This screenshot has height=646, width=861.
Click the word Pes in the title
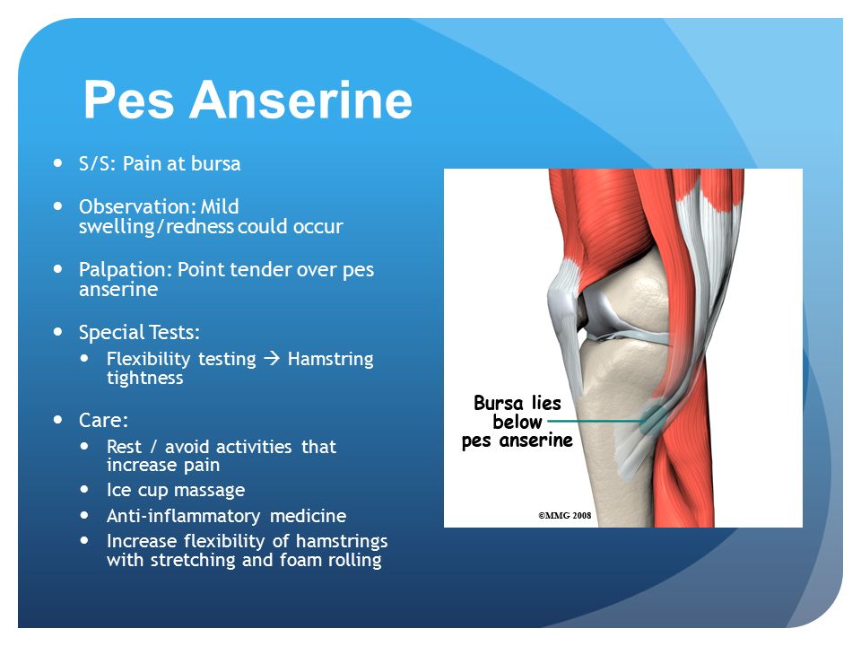(129, 100)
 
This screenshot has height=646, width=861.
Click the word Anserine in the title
(301, 100)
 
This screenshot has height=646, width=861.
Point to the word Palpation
(126, 270)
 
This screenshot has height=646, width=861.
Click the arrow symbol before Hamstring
(272, 359)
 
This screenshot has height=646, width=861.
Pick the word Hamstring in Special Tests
(331, 359)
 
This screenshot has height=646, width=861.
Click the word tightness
(145, 378)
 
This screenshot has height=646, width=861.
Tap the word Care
(103, 420)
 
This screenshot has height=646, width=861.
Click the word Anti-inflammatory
(183, 516)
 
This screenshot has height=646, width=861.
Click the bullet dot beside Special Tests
(58, 332)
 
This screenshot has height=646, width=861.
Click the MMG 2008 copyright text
(564, 515)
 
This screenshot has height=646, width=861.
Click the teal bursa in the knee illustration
(655, 419)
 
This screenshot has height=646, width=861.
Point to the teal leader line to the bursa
(596, 422)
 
